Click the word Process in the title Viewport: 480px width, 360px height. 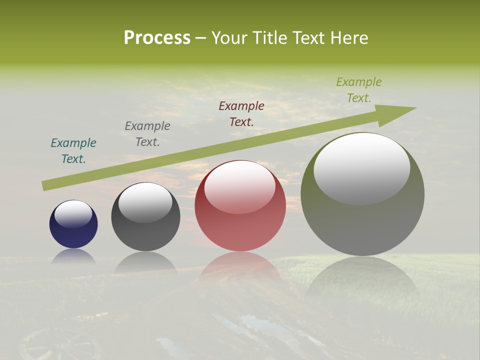(x=157, y=38)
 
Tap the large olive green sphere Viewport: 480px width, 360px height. (x=362, y=225)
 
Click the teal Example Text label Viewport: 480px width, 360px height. (x=73, y=151)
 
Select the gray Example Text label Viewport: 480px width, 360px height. (x=147, y=134)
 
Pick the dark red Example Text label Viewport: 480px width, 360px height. (x=241, y=113)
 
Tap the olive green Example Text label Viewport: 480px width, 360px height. (x=359, y=90)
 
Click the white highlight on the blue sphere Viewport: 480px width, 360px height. (x=73, y=213)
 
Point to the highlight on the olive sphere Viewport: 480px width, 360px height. (x=362, y=169)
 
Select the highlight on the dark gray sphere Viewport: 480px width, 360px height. (x=145, y=202)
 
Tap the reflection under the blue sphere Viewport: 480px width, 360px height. (x=73, y=256)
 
